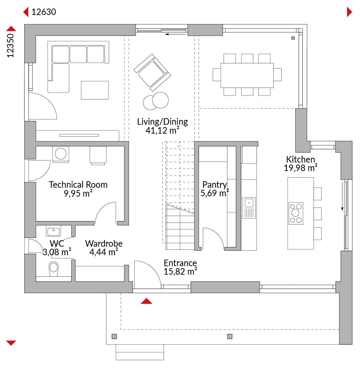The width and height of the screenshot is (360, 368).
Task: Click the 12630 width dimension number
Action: [44, 12]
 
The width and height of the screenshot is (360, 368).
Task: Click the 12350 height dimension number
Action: [10, 46]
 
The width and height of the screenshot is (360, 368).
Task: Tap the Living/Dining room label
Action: [162, 122]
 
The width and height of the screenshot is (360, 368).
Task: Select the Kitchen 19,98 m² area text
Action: [301, 168]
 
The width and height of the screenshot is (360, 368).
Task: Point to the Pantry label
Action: [215, 185]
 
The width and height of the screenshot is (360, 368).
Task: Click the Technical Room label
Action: [78, 185]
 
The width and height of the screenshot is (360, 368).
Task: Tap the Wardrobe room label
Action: [104, 243]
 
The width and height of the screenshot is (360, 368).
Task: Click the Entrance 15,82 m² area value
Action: [180, 272]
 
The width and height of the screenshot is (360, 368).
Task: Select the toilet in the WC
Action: [54, 269]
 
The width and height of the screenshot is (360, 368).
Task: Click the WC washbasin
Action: [54, 231]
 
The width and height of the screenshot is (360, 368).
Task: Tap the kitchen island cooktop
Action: [296, 213]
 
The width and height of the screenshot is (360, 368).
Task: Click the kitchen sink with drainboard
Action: [249, 208]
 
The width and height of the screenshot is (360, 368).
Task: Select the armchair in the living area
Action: [152, 73]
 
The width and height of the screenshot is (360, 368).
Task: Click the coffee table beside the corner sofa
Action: [95, 90]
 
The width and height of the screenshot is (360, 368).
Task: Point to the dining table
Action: [247, 75]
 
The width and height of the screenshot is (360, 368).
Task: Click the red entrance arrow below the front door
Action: [146, 301]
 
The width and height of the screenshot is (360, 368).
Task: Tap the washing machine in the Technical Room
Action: [61, 154]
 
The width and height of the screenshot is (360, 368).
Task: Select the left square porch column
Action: [114, 337]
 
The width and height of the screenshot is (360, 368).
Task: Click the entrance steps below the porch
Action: [140, 352]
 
